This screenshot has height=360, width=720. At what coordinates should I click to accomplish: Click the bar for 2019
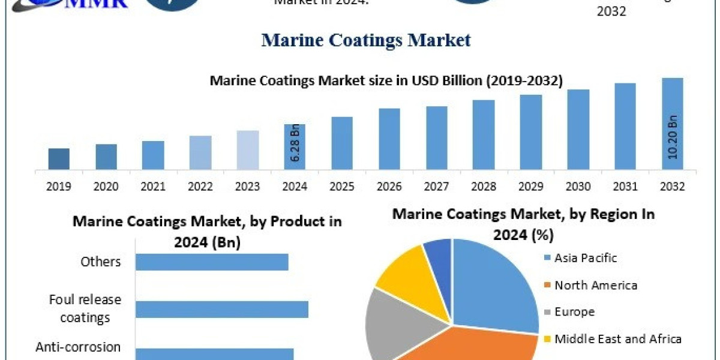pos(59,159)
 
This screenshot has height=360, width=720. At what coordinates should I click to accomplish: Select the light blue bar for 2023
pos(248,150)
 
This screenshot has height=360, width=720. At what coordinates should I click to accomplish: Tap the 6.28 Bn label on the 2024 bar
pos(295,143)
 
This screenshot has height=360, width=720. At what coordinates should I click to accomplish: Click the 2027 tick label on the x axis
pos(436,187)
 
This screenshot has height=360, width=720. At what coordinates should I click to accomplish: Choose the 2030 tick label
pos(578,187)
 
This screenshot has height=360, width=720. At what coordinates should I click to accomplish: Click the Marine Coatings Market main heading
pos(366,40)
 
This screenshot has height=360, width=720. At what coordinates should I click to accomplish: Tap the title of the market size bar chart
pos(386,81)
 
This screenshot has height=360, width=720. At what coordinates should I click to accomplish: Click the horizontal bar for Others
pos(212,262)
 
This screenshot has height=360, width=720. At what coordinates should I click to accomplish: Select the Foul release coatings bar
pos(222,309)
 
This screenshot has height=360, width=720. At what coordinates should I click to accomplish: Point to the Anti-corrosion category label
pos(78,347)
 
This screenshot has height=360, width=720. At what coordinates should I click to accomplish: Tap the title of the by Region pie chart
pos(523,224)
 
